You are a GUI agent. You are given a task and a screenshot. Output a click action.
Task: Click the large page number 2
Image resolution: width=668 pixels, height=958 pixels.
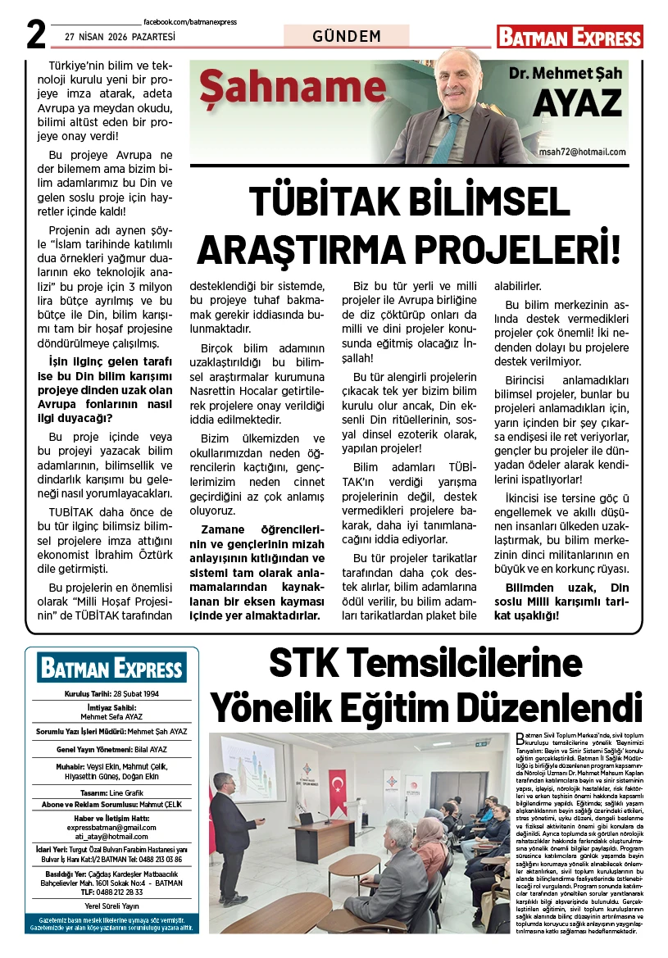(x=34, y=34)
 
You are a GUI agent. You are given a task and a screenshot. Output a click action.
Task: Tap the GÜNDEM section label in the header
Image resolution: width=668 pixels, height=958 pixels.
(x=347, y=37)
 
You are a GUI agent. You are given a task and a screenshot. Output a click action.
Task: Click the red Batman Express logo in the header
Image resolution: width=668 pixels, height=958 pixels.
(x=569, y=37)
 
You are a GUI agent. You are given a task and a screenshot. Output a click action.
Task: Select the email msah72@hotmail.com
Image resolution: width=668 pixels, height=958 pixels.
(x=582, y=152)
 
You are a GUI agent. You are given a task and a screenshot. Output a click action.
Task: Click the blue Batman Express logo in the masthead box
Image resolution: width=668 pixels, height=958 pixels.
(x=111, y=669)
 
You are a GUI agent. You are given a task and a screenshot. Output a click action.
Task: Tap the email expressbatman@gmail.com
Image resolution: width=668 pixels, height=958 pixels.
(x=111, y=829)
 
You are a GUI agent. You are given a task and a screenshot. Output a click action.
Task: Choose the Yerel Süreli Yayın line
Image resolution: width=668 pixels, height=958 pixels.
(x=111, y=906)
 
